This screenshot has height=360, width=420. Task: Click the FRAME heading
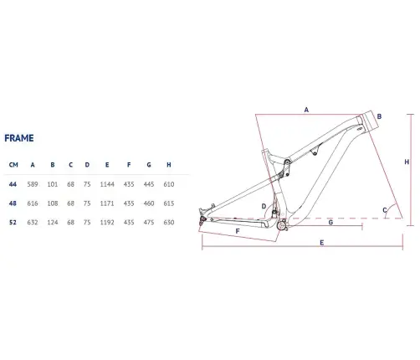coord(19,138)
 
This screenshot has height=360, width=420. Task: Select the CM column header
coord(13,165)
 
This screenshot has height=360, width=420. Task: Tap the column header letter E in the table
coord(107,165)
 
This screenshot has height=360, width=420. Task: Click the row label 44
coord(13,184)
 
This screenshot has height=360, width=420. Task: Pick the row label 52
coord(13,223)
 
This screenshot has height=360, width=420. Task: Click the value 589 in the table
coord(33,184)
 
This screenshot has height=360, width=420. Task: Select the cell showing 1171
coord(107,203)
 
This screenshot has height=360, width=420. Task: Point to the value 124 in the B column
coord(53,223)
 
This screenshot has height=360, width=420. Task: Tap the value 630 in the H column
coord(169,223)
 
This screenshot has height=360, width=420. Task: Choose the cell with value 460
coord(149,203)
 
